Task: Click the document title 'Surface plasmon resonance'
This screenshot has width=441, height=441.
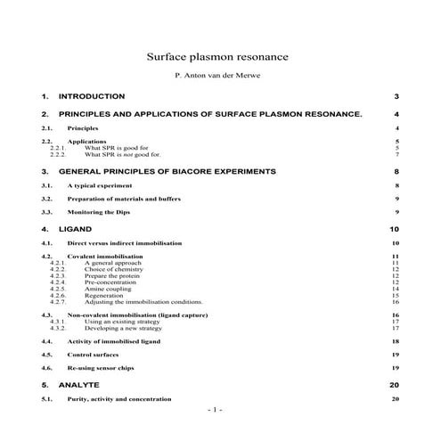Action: point(220,56)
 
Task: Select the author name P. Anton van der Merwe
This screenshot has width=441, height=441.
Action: point(220,76)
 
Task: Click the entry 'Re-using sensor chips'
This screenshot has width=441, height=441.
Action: point(103,368)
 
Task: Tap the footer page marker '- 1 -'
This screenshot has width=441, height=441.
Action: point(215,410)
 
